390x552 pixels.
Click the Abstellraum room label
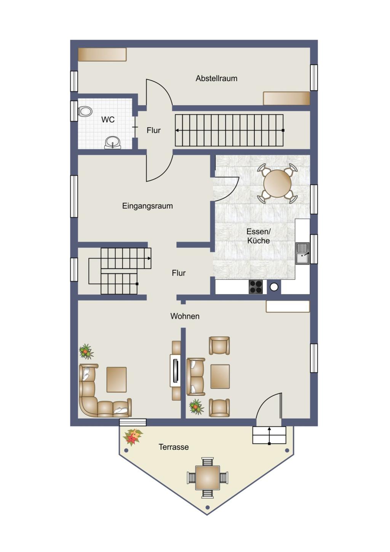point(216,78)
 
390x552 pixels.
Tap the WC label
point(108,120)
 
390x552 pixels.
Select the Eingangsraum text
point(147,206)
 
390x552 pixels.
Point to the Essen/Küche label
point(259,236)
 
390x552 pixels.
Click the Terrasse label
point(174,447)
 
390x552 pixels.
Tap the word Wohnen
point(185,316)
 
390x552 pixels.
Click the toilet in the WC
point(85,111)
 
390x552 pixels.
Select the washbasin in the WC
point(113,143)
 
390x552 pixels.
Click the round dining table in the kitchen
point(277,183)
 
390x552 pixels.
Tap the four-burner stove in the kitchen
point(256,287)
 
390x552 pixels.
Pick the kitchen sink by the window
point(302,254)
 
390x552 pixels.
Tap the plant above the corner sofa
point(86,352)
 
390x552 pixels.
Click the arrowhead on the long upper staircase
point(177,130)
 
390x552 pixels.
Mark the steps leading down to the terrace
point(269,435)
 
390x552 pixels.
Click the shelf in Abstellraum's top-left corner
point(102,54)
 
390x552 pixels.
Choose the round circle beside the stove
point(274,287)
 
